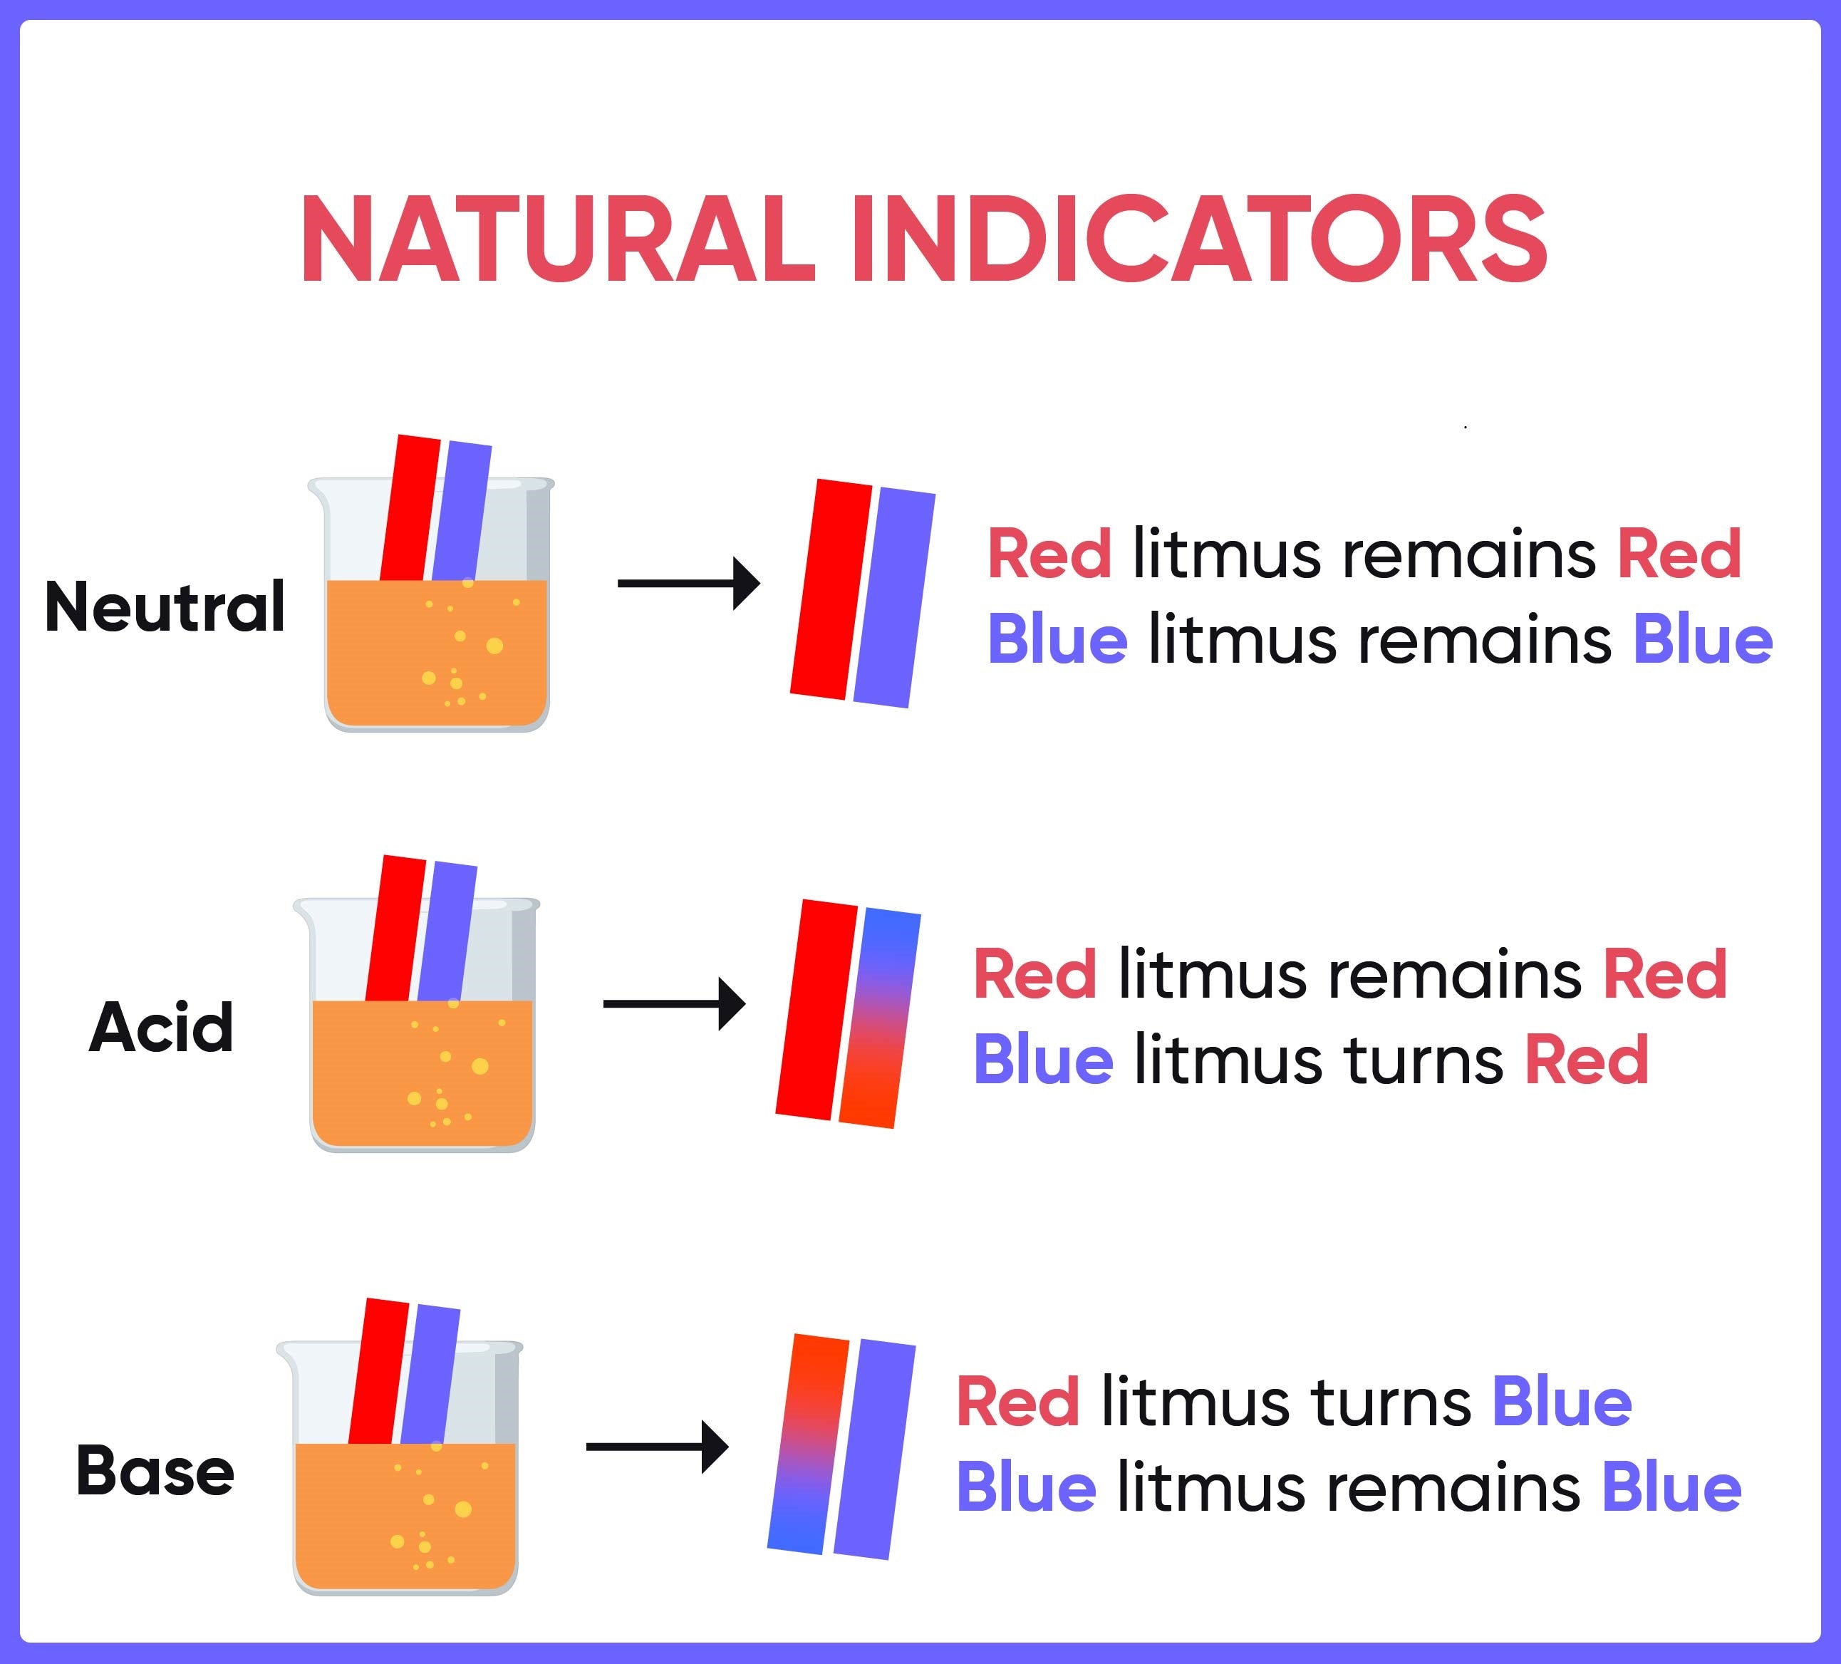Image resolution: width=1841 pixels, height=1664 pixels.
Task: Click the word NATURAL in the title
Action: click(557, 239)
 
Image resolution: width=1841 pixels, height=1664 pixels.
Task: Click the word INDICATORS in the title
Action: click(1199, 239)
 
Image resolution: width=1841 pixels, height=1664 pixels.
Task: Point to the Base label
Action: click(155, 1470)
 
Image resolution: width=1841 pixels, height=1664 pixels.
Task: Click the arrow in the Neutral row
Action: click(688, 583)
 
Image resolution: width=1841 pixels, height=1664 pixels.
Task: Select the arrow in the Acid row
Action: click(674, 1003)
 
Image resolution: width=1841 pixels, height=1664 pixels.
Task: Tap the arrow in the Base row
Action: click(658, 1447)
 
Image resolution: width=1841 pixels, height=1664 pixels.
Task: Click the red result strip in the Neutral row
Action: click(831, 589)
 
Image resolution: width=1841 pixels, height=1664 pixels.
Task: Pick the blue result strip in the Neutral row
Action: click(894, 598)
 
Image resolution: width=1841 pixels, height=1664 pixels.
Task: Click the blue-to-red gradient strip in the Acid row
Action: click(879, 1018)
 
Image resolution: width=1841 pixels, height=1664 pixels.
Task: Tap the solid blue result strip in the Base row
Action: click(874, 1449)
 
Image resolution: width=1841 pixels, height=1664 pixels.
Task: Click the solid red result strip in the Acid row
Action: click(816, 1009)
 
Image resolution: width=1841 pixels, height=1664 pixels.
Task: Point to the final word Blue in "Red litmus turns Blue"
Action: click(1562, 1402)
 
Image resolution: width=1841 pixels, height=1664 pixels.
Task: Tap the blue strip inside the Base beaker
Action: click(431, 1375)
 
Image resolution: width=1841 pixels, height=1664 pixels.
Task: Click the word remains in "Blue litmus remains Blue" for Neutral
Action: click(1485, 640)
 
